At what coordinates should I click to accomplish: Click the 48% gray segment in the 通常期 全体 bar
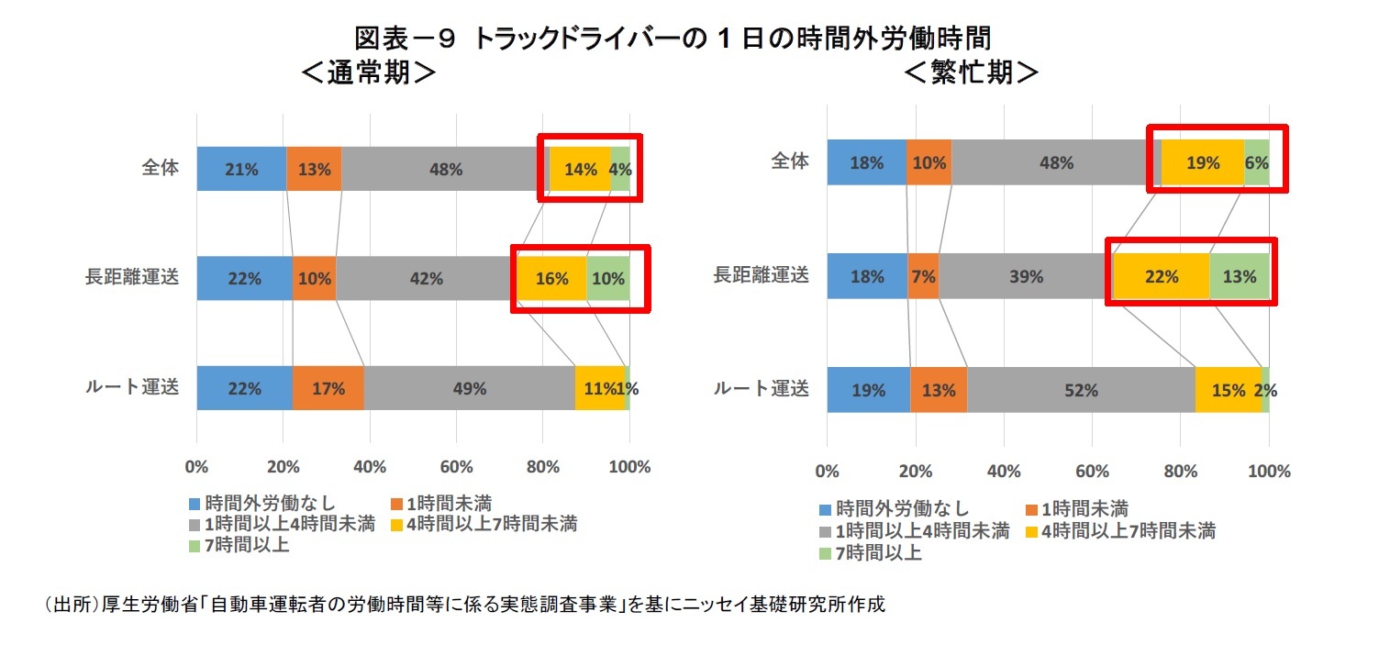(x=444, y=169)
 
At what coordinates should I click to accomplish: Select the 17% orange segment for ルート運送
(x=328, y=388)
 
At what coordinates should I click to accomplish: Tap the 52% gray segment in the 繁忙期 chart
(x=1081, y=390)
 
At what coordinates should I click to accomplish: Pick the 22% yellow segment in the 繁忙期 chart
(x=1161, y=275)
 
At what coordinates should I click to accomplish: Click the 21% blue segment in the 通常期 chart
(x=241, y=169)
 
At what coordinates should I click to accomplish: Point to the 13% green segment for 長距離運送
(x=1239, y=275)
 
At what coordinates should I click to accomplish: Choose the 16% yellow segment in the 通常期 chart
(x=551, y=278)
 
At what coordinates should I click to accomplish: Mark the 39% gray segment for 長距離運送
(x=1025, y=275)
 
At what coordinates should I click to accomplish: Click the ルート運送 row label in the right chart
(x=762, y=389)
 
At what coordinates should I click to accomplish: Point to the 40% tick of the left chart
(x=370, y=467)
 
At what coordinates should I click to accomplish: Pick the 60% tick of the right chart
(x=1092, y=472)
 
